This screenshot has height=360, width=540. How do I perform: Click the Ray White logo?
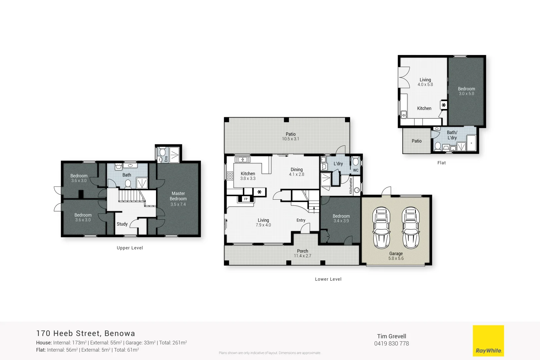point(488,341)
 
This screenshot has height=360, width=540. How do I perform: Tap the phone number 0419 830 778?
point(391,344)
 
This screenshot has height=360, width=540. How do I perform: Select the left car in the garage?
point(381,228)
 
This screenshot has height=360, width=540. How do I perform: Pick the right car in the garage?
point(411,228)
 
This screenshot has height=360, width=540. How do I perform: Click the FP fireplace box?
point(246,199)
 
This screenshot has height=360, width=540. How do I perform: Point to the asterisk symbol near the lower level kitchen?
point(259,192)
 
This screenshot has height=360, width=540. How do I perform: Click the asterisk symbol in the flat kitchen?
point(444,105)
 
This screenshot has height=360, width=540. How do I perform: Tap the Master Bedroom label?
point(178,196)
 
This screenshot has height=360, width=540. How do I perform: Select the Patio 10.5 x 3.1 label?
point(290,136)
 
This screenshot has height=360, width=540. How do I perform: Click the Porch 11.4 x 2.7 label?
point(302,253)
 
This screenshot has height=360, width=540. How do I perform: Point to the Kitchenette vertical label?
point(351,186)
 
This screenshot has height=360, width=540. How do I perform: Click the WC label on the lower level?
point(356,170)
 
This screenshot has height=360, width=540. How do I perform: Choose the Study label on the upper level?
point(122,224)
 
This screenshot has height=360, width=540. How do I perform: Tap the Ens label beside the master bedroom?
point(166,159)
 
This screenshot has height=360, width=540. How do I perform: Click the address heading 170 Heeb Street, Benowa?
point(86,333)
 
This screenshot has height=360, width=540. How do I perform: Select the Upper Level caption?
point(130,248)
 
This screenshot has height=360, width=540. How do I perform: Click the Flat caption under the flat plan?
point(441,163)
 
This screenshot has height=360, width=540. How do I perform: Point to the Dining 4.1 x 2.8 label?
point(296,172)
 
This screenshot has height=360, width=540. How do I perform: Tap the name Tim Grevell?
point(391,336)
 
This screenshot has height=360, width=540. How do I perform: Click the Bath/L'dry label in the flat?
point(452,135)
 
